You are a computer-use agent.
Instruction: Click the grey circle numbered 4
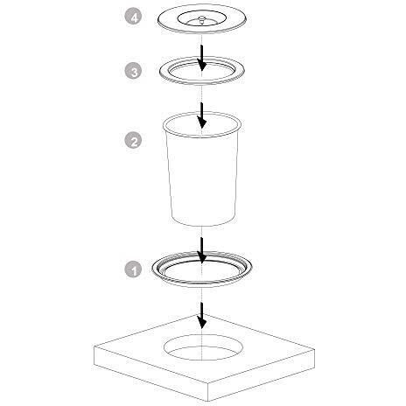click(x=133, y=17)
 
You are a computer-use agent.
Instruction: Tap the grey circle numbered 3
click(x=133, y=71)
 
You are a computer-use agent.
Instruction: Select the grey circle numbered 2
click(x=133, y=140)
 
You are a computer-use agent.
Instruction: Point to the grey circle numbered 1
click(x=133, y=269)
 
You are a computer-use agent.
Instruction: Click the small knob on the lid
click(x=201, y=19)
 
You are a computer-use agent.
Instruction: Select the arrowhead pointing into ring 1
click(x=201, y=256)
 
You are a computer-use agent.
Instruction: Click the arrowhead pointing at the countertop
click(x=201, y=322)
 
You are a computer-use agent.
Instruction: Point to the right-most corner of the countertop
click(x=315, y=349)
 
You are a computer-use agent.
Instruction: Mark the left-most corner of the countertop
click(x=94, y=346)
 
